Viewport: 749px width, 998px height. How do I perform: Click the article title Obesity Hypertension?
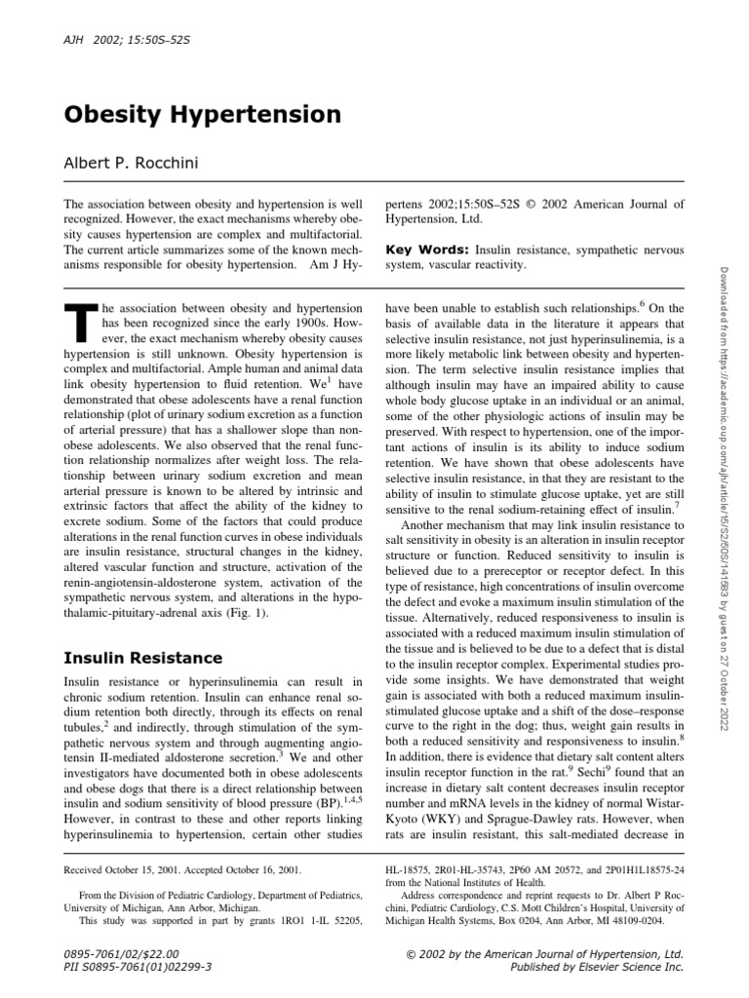(203, 115)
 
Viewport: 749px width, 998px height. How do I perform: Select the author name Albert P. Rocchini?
(131, 163)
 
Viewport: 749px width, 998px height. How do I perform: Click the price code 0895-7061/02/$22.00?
(122, 953)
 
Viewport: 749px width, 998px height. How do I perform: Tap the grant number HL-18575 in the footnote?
(413, 866)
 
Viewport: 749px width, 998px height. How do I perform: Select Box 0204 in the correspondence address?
(515, 919)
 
